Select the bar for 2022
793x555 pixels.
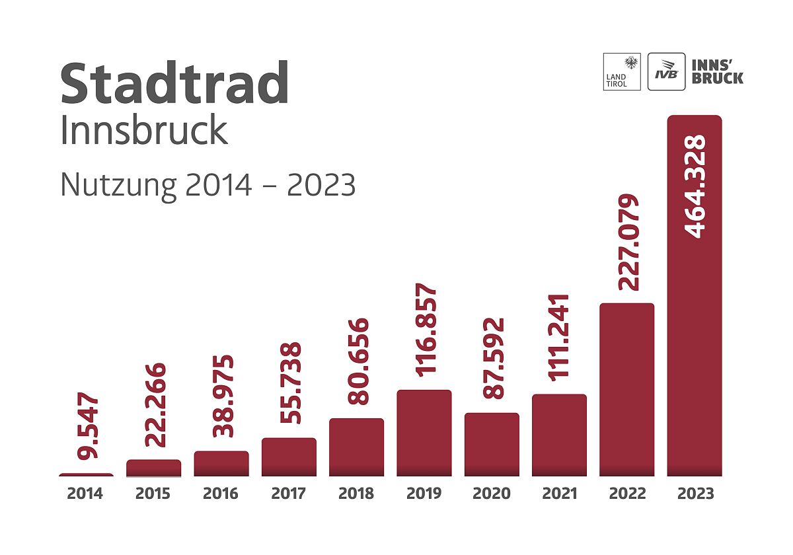[626, 390]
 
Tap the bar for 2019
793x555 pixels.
[424, 433]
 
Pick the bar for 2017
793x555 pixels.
[289, 457]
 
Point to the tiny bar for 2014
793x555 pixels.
[86, 474]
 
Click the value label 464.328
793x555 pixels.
[695, 186]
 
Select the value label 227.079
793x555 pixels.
[628, 242]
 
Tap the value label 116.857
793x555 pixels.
[425, 330]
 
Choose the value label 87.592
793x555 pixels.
[492, 358]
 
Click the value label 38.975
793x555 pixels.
[222, 396]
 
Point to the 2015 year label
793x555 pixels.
[153, 494]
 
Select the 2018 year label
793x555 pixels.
[356, 494]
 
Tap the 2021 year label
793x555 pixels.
[559, 494]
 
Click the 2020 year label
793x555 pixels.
[492, 494]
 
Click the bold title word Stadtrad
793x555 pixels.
[174, 84]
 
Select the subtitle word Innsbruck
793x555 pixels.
[144, 131]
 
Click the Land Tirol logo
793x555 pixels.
[622, 71]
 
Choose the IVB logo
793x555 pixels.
[666, 71]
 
